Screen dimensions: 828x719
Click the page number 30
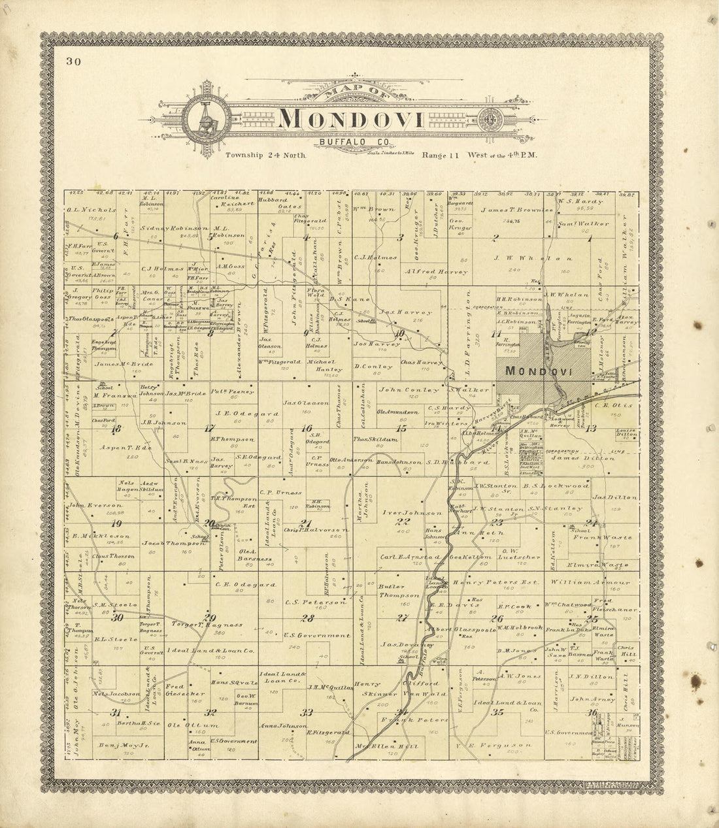(x=73, y=62)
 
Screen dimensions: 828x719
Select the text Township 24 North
(x=266, y=156)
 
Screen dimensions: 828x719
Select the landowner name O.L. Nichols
(x=91, y=210)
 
